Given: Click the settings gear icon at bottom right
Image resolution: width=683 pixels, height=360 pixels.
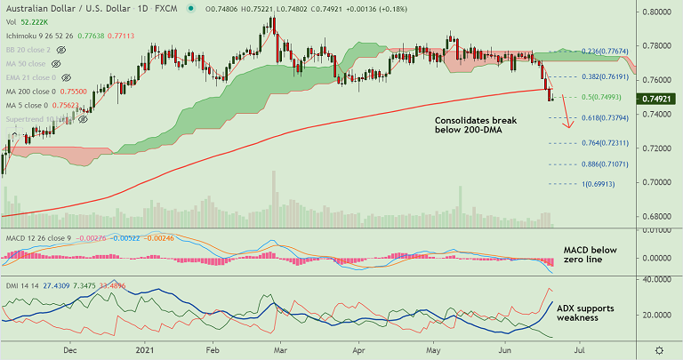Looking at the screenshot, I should (658, 350).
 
